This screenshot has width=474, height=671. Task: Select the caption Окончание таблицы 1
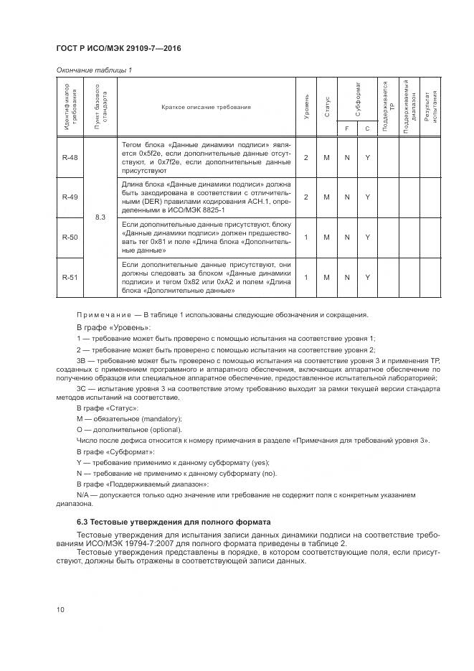(x=93, y=70)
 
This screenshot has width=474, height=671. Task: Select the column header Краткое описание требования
(x=206, y=107)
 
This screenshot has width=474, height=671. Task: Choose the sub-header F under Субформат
(x=347, y=128)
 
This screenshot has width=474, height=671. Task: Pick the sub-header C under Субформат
(x=367, y=128)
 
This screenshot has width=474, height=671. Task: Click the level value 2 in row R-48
(x=306, y=157)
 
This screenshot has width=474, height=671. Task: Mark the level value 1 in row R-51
(x=306, y=277)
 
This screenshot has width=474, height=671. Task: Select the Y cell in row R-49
(x=367, y=197)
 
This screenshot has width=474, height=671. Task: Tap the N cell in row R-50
(x=347, y=237)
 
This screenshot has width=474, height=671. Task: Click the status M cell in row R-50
(x=327, y=237)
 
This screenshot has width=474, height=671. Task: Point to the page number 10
(x=61, y=610)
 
